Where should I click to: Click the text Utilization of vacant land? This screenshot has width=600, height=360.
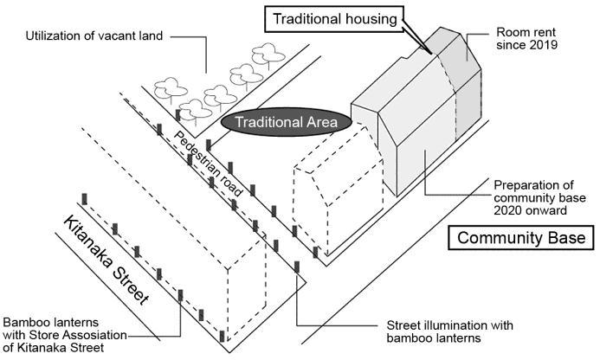point(94,35)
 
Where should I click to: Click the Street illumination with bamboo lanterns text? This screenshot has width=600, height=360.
point(448,332)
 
